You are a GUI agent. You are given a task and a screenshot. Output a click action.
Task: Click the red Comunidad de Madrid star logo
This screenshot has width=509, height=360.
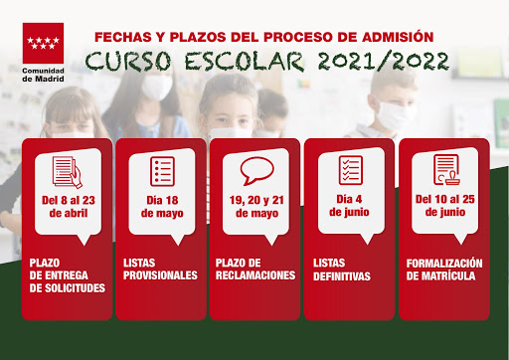pyautogui.click(x=43, y=43)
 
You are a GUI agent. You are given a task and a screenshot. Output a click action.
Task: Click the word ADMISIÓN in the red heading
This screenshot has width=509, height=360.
pyautogui.click(x=398, y=37)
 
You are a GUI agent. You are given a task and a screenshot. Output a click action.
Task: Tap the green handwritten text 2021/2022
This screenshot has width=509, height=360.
pyautogui.click(x=384, y=62)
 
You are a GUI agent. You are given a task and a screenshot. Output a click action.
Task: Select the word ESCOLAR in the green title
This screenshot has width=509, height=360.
pyautogui.click(x=244, y=62)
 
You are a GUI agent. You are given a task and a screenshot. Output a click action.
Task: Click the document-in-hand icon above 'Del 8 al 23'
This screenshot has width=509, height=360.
pyautogui.click(x=68, y=172)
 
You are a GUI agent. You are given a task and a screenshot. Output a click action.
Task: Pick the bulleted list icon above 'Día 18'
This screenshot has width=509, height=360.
pyautogui.click(x=162, y=171)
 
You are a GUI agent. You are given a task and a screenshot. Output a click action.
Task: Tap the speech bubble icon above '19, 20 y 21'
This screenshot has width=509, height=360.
pyautogui.click(x=256, y=171)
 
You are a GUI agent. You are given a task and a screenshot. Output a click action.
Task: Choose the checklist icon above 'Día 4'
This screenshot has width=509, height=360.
pyautogui.click(x=351, y=170)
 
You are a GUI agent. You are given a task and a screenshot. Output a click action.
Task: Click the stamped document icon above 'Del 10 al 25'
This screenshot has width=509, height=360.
pyautogui.click(x=446, y=169)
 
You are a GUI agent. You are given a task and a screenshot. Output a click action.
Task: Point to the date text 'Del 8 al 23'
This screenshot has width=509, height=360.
pyautogui.click(x=69, y=200)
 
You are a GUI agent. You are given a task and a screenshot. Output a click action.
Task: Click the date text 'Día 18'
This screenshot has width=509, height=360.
pyautogui.click(x=162, y=200)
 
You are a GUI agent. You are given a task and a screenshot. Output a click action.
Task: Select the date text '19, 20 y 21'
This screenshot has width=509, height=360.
pyautogui.click(x=256, y=200)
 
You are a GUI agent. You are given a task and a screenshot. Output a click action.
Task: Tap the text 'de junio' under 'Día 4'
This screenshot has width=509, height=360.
pyautogui.click(x=349, y=212)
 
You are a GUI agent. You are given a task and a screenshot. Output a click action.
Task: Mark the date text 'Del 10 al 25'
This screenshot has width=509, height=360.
pyautogui.click(x=445, y=199)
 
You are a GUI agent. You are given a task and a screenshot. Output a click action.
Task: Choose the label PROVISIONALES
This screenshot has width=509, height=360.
pyautogui.click(x=160, y=275)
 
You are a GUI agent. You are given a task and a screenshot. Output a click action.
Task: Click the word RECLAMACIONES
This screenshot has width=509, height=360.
pyautogui.click(x=255, y=275)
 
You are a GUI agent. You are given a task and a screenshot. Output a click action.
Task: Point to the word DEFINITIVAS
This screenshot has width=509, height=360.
pyautogui.click(x=342, y=276)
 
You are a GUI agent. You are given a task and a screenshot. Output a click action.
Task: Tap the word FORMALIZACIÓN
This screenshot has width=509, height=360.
pyautogui.click(x=444, y=264)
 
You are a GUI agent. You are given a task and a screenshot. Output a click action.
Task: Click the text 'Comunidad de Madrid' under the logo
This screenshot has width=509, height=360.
pyautogui.click(x=43, y=75)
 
